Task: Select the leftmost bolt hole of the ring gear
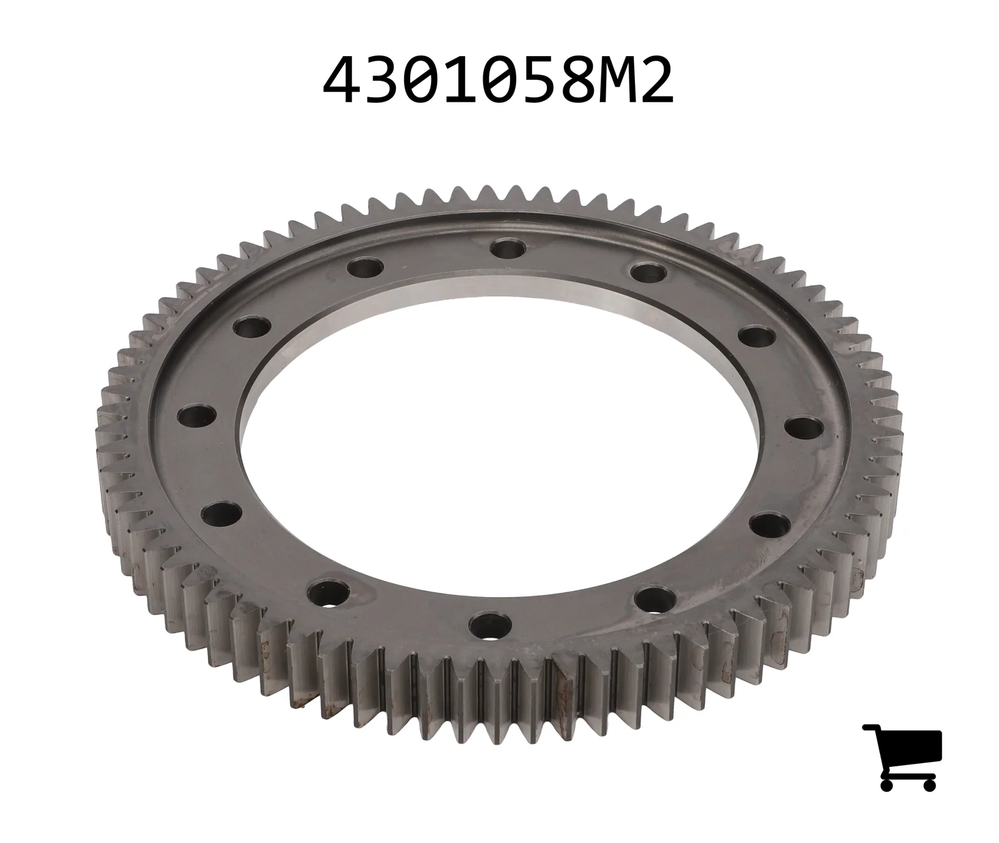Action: click(197, 415)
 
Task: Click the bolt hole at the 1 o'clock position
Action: click(650, 272)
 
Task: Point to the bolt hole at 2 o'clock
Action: click(756, 337)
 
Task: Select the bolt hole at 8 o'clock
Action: click(221, 513)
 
